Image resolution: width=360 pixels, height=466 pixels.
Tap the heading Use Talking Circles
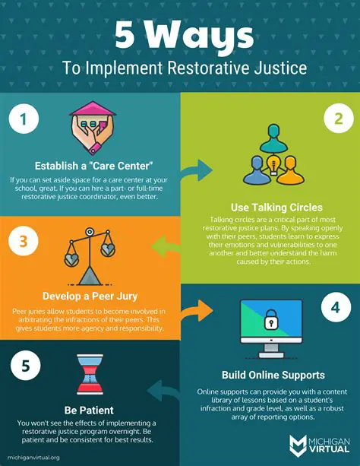tap(270, 207)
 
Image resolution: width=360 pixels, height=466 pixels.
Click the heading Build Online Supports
tap(270, 374)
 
